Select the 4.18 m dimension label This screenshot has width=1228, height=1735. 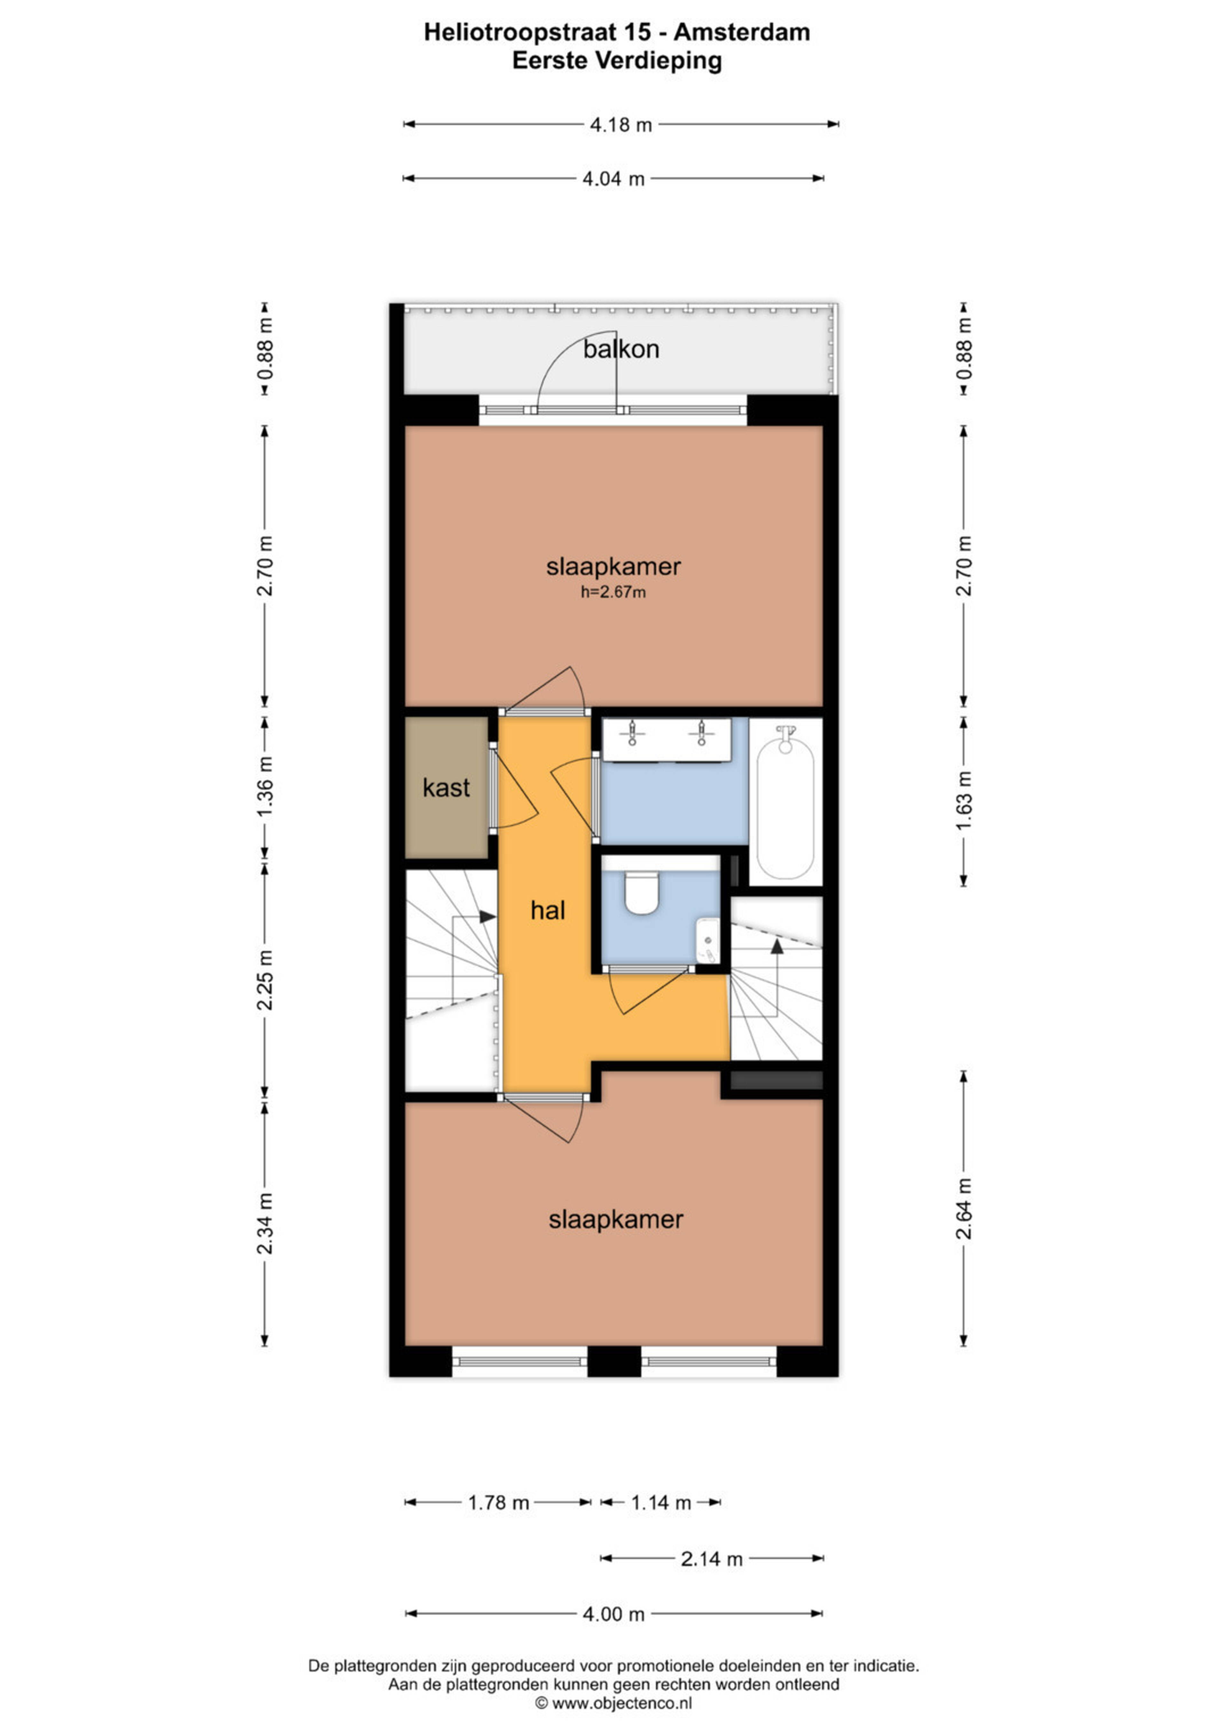tap(621, 125)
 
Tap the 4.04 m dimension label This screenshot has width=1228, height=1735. tap(613, 179)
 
